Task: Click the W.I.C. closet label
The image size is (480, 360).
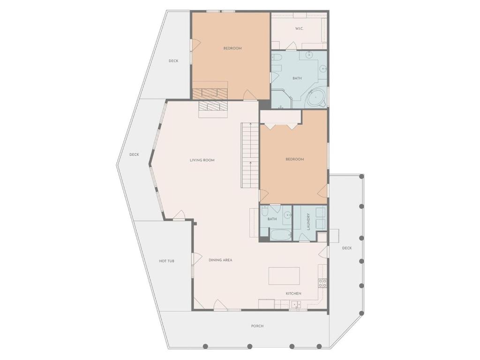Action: tap(299, 29)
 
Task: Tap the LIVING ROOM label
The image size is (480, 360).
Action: tap(202, 160)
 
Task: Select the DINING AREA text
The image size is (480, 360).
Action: tap(220, 260)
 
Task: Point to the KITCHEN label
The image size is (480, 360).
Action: tap(293, 293)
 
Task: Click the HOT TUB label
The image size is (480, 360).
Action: tap(166, 261)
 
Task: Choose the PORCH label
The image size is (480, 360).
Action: tap(257, 326)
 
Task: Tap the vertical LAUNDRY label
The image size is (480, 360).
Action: tap(308, 222)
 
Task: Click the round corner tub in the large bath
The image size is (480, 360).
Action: tap(315, 97)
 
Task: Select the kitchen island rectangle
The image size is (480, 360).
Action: tap(284, 276)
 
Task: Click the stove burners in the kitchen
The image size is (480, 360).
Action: tap(322, 283)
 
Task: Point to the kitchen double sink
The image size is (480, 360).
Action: tap(296, 304)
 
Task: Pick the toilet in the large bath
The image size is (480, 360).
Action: tap(276, 57)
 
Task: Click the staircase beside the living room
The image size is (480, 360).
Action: tap(250, 155)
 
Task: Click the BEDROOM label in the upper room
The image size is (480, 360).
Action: tap(232, 48)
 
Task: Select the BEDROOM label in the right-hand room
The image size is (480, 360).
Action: tap(294, 159)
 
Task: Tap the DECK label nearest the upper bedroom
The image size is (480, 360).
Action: tap(173, 61)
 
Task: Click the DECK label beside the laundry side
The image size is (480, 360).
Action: tap(347, 248)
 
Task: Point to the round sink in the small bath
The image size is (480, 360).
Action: tap(287, 215)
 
